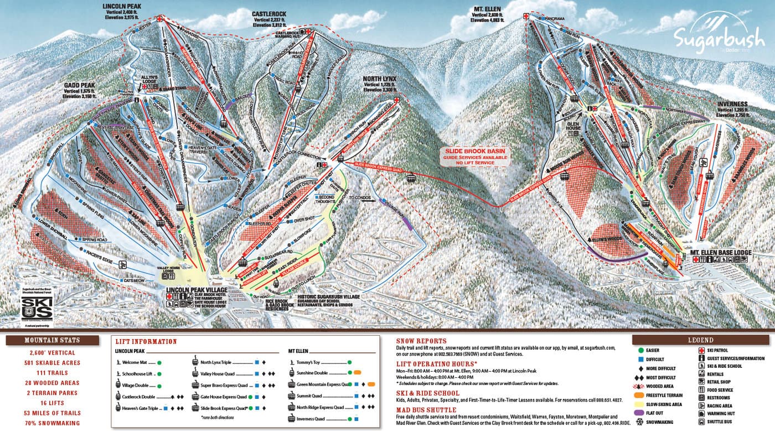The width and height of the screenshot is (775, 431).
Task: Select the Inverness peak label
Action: point(732,104)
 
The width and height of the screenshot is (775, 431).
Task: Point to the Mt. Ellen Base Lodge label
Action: point(720,253)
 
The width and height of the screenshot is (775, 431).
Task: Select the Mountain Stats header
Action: point(52,340)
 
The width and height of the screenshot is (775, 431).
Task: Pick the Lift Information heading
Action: point(146,342)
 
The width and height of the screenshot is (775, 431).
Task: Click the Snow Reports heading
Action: point(421,341)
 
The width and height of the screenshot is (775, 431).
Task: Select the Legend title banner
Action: point(700,340)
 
